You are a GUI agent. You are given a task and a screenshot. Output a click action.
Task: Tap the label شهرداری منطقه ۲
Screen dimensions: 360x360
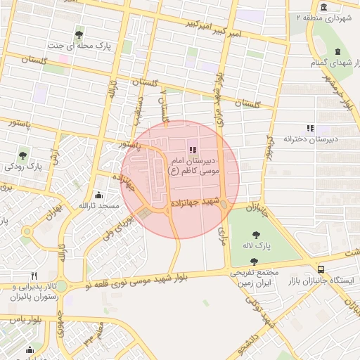click(328, 15)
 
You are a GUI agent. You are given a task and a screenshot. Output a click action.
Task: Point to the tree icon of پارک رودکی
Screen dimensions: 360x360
click(23, 155)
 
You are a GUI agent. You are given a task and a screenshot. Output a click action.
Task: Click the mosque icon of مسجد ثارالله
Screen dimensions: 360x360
click(98, 195)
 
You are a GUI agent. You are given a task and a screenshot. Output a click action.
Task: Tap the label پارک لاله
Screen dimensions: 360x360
click(259, 245)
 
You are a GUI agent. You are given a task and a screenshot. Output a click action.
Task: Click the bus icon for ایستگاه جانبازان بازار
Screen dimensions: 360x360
click(321, 269)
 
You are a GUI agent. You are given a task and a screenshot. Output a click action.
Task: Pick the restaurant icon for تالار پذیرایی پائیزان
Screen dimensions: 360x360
click(34, 275)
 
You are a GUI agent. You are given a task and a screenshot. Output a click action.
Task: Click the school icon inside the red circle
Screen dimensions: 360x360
click(193, 148)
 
